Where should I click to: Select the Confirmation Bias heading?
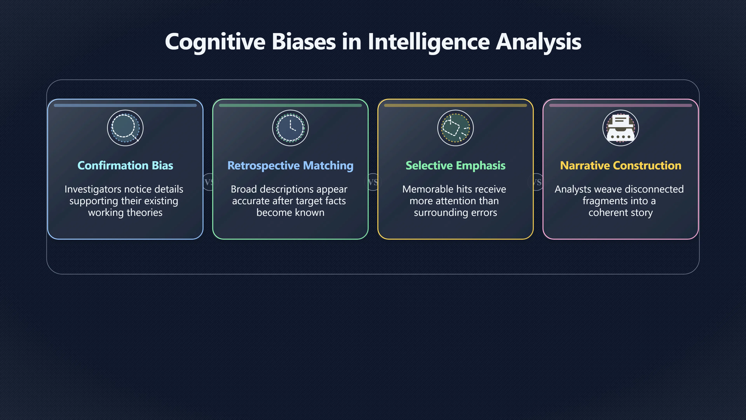click(125, 165)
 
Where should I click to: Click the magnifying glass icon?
click(125, 128)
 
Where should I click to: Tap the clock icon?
click(290, 128)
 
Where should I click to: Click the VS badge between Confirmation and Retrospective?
click(209, 182)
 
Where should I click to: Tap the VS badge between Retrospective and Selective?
click(373, 182)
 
